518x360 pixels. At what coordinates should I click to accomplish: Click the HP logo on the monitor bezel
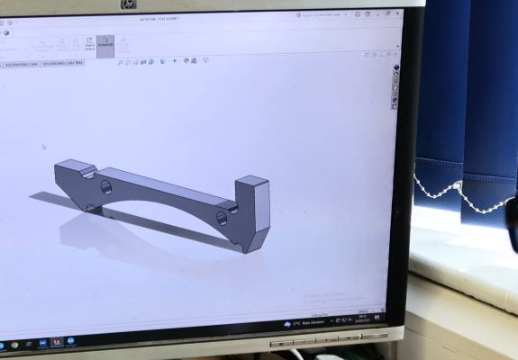[x=127, y=4]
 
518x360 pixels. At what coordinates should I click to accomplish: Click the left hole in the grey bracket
[x=106, y=187]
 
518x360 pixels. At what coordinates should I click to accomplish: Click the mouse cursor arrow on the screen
[x=43, y=147]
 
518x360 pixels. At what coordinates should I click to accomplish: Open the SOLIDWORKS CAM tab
[x=19, y=65]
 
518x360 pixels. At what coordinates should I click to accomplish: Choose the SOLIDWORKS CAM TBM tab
[x=60, y=65]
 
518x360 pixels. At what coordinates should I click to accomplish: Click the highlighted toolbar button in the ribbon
[x=105, y=43]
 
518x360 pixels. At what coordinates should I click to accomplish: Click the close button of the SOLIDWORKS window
[x=396, y=14]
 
